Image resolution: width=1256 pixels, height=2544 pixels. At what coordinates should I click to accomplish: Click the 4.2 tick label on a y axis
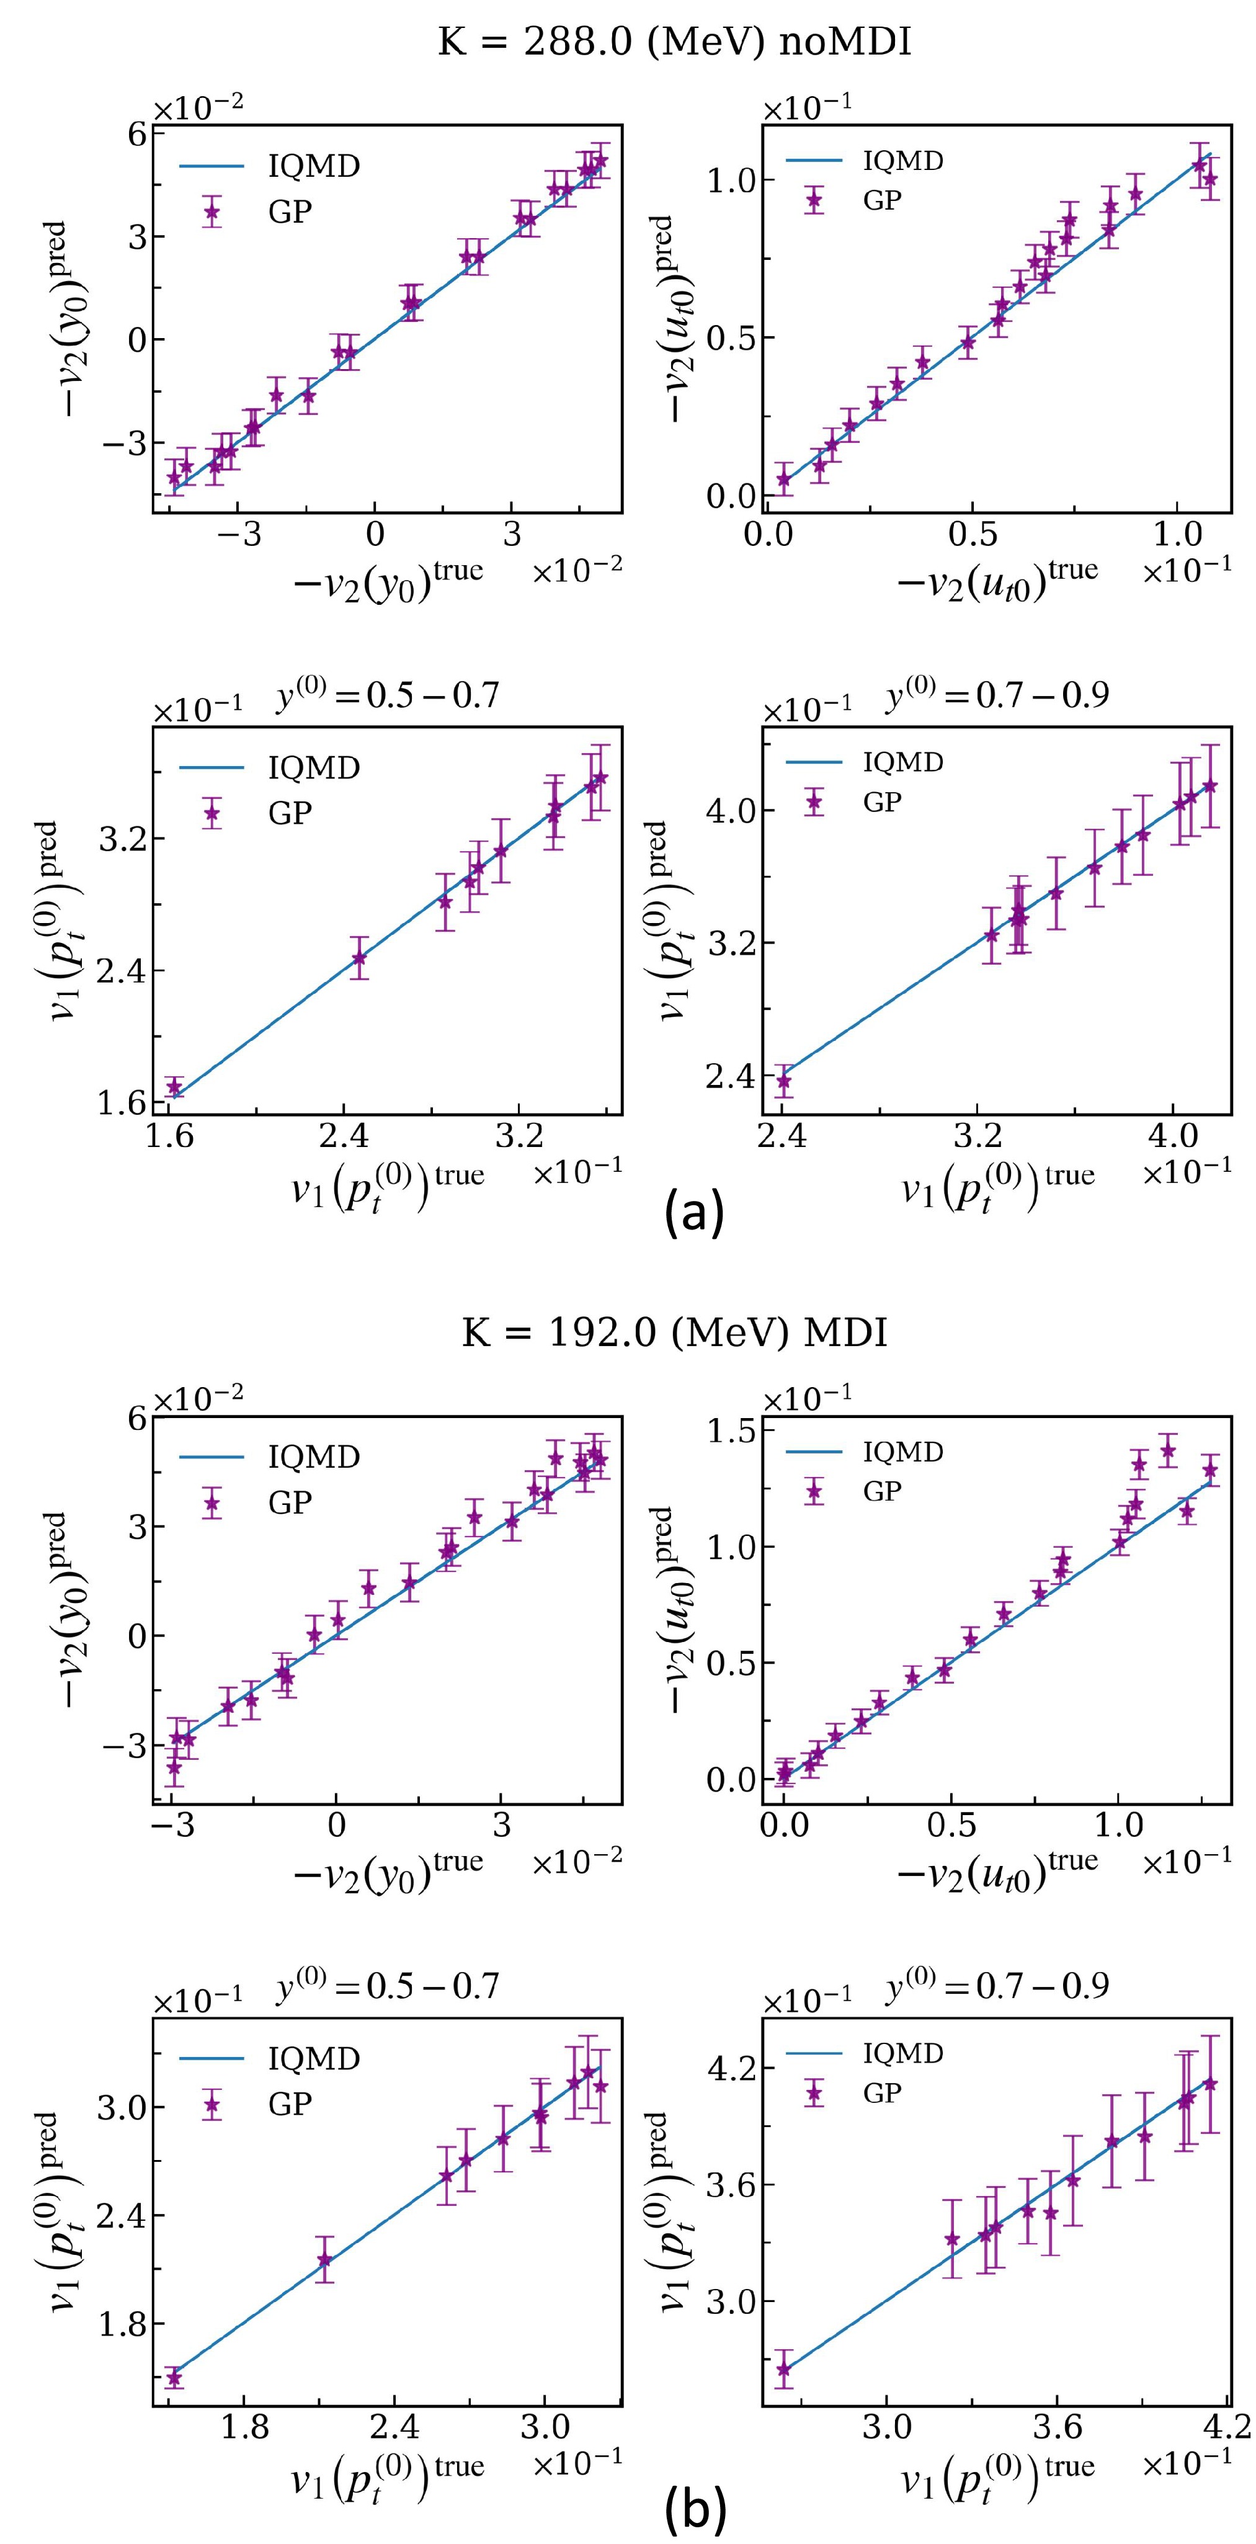(731, 2067)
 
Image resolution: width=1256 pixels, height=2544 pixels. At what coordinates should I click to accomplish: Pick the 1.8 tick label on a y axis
(122, 2324)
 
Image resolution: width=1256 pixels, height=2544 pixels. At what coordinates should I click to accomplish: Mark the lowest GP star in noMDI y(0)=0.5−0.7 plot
(175, 1086)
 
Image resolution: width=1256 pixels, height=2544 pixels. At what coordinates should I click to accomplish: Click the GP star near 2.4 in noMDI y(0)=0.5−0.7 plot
(359, 958)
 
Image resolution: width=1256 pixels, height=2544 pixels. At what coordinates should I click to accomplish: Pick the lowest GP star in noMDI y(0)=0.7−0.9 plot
(784, 1081)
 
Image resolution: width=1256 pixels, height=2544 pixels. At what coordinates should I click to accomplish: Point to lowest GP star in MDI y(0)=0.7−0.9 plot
(784, 2368)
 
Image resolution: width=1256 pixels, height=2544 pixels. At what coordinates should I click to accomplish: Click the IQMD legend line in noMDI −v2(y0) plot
(210, 166)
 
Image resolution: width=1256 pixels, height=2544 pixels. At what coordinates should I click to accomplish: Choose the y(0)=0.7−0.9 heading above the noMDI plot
(996, 696)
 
